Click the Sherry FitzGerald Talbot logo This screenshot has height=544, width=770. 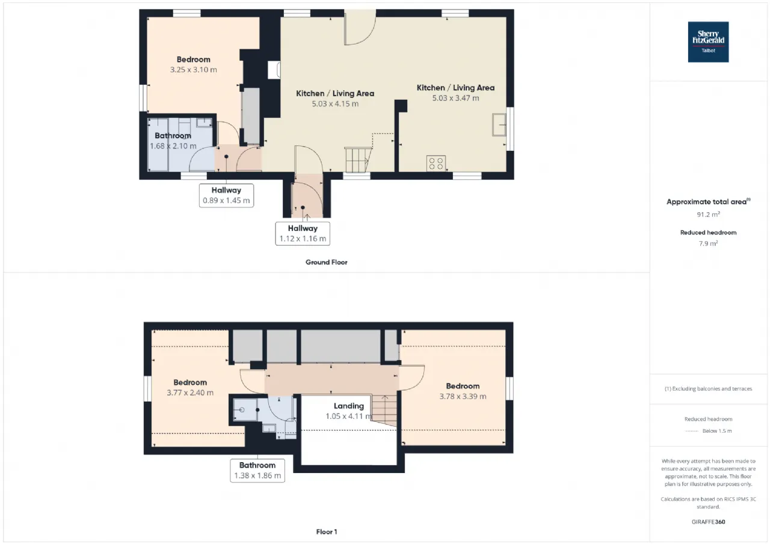(x=708, y=42)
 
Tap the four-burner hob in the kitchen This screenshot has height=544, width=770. (x=436, y=163)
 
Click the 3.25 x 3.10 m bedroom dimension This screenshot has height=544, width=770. (x=193, y=70)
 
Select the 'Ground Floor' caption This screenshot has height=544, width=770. (x=326, y=263)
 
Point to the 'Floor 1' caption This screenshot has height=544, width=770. (x=326, y=532)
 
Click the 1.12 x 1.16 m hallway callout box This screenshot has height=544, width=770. (x=303, y=234)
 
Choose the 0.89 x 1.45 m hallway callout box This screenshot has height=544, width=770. (x=226, y=195)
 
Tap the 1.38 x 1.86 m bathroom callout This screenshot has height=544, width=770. (x=257, y=471)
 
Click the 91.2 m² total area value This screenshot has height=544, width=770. (x=708, y=215)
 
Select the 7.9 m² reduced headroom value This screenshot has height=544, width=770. (x=708, y=243)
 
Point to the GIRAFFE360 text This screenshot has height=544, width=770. (x=708, y=522)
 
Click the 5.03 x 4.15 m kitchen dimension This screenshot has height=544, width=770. (x=335, y=104)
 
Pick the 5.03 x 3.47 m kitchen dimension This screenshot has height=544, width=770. (x=455, y=98)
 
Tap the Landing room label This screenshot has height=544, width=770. (x=348, y=406)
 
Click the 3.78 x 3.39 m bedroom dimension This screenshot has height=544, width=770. (x=463, y=396)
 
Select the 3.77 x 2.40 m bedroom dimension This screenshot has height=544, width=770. (x=190, y=393)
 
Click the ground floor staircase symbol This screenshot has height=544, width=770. (x=358, y=160)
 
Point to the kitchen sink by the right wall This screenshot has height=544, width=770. (x=499, y=124)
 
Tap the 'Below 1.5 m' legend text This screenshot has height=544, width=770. (x=717, y=431)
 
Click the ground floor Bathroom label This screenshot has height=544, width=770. (x=173, y=136)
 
